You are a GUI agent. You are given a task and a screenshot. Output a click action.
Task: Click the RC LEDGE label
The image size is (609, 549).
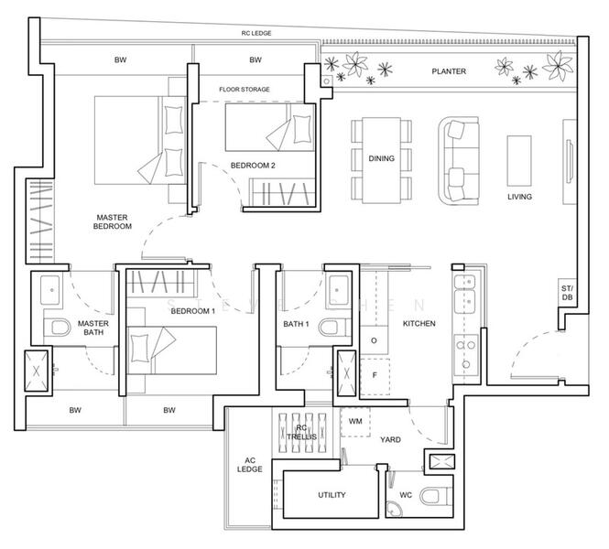[256, 33]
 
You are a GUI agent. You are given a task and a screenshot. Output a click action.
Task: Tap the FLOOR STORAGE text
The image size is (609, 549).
[245, 90]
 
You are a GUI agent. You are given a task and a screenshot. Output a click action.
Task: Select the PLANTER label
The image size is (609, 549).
[449, 71]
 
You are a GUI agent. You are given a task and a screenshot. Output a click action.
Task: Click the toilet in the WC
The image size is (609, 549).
[437, 496]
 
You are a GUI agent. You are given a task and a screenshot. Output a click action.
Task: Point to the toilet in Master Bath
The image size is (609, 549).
[57, 328]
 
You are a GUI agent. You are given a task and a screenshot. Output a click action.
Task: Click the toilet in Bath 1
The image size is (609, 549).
[334, 328]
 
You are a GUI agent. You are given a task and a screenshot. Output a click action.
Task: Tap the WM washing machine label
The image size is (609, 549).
[355, 421]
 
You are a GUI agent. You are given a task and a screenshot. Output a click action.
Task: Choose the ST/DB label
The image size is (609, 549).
[567, 293]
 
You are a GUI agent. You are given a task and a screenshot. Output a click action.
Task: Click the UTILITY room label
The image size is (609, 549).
[332, 495]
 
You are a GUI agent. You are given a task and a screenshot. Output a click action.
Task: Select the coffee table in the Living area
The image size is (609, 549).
[519, 161]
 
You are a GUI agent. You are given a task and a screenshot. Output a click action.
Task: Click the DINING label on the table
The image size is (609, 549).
[381, 158]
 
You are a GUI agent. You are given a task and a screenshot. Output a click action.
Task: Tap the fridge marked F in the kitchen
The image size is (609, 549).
[375, 376]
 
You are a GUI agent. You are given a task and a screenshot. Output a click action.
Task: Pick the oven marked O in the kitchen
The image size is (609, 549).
[374, 340]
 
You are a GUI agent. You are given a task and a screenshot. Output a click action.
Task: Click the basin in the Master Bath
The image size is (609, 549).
[51, 290]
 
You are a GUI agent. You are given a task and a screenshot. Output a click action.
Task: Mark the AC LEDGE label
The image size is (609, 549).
[250, 465]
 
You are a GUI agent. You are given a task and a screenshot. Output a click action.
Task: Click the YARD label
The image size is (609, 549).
[390, 439]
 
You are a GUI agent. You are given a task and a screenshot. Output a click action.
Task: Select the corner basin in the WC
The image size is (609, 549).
[395, 510]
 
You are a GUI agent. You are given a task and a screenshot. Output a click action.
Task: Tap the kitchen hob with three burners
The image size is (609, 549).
[466, 354]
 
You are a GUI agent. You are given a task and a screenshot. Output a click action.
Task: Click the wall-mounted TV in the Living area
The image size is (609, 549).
[571, 161]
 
